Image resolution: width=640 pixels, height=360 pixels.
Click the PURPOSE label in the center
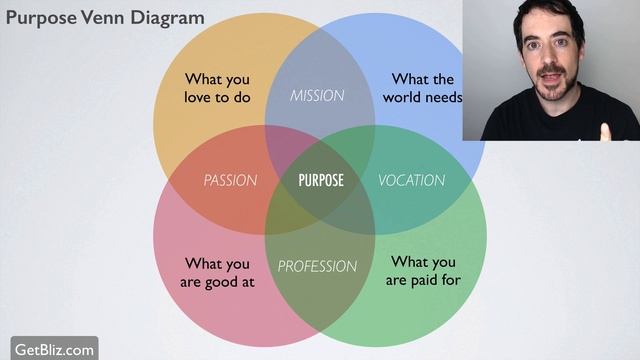[321, 180]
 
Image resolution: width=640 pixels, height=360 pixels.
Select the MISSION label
[317, 96]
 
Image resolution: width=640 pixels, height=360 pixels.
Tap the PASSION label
[230, 181]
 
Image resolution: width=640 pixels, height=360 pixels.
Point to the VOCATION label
[411, 181]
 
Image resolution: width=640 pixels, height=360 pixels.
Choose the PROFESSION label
[317, 266]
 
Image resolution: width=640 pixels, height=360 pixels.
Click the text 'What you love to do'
[217, 88]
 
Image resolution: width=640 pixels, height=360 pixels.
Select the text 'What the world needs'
[422, 88]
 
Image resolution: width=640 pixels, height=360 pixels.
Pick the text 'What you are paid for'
[423, 271]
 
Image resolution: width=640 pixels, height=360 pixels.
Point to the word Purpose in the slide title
[42, 18]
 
